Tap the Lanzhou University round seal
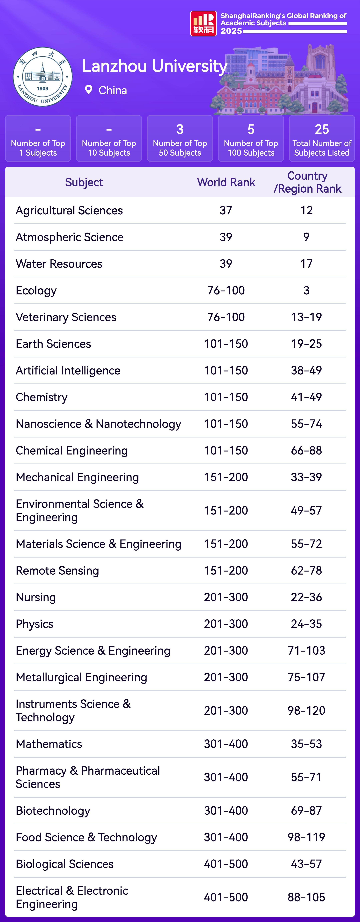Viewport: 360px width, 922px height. (x=43, y=77)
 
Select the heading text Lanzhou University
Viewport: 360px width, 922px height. (x=155, y=66)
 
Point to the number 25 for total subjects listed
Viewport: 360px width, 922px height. (x=322, y=129)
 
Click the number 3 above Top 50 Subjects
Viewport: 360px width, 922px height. (x=180, y=129)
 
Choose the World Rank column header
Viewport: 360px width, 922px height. (x=226, y=182)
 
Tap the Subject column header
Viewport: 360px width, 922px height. (x=84, y=182)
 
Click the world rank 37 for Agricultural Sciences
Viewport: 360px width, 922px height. (x=226, y=210)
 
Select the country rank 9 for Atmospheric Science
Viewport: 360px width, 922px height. (x=306, y=237)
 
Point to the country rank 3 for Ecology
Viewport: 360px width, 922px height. (x=306, y=290)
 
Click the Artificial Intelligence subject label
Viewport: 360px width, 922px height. (x=68, y=370)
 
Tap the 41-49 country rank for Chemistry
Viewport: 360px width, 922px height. (x=306, y=397)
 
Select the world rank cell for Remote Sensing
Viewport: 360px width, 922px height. (x=226, y=571)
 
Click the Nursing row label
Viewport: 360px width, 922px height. (x=36, y=597)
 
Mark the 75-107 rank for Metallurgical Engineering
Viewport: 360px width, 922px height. (x=306, y=677)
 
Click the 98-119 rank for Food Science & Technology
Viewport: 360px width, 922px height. (x=306, y=837)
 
